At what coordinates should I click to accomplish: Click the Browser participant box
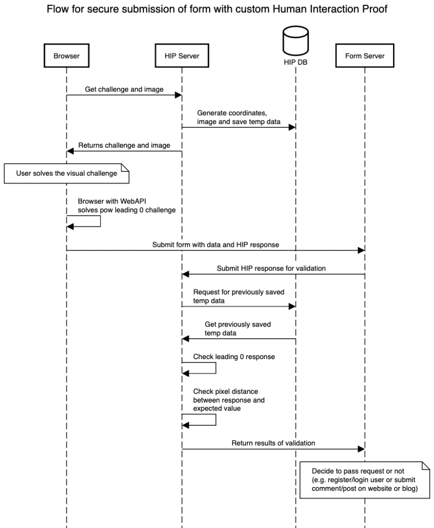point(66,56)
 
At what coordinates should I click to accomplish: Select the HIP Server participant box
point(181,56)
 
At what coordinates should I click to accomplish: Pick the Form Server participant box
point(365,56)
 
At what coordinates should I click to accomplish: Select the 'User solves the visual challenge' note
point(67,173)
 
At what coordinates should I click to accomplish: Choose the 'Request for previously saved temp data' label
point(238,296)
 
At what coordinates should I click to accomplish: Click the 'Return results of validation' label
point(273,443)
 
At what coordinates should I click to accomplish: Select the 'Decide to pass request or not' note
point(364,480)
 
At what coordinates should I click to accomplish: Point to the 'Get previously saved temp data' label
point(238,328)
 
